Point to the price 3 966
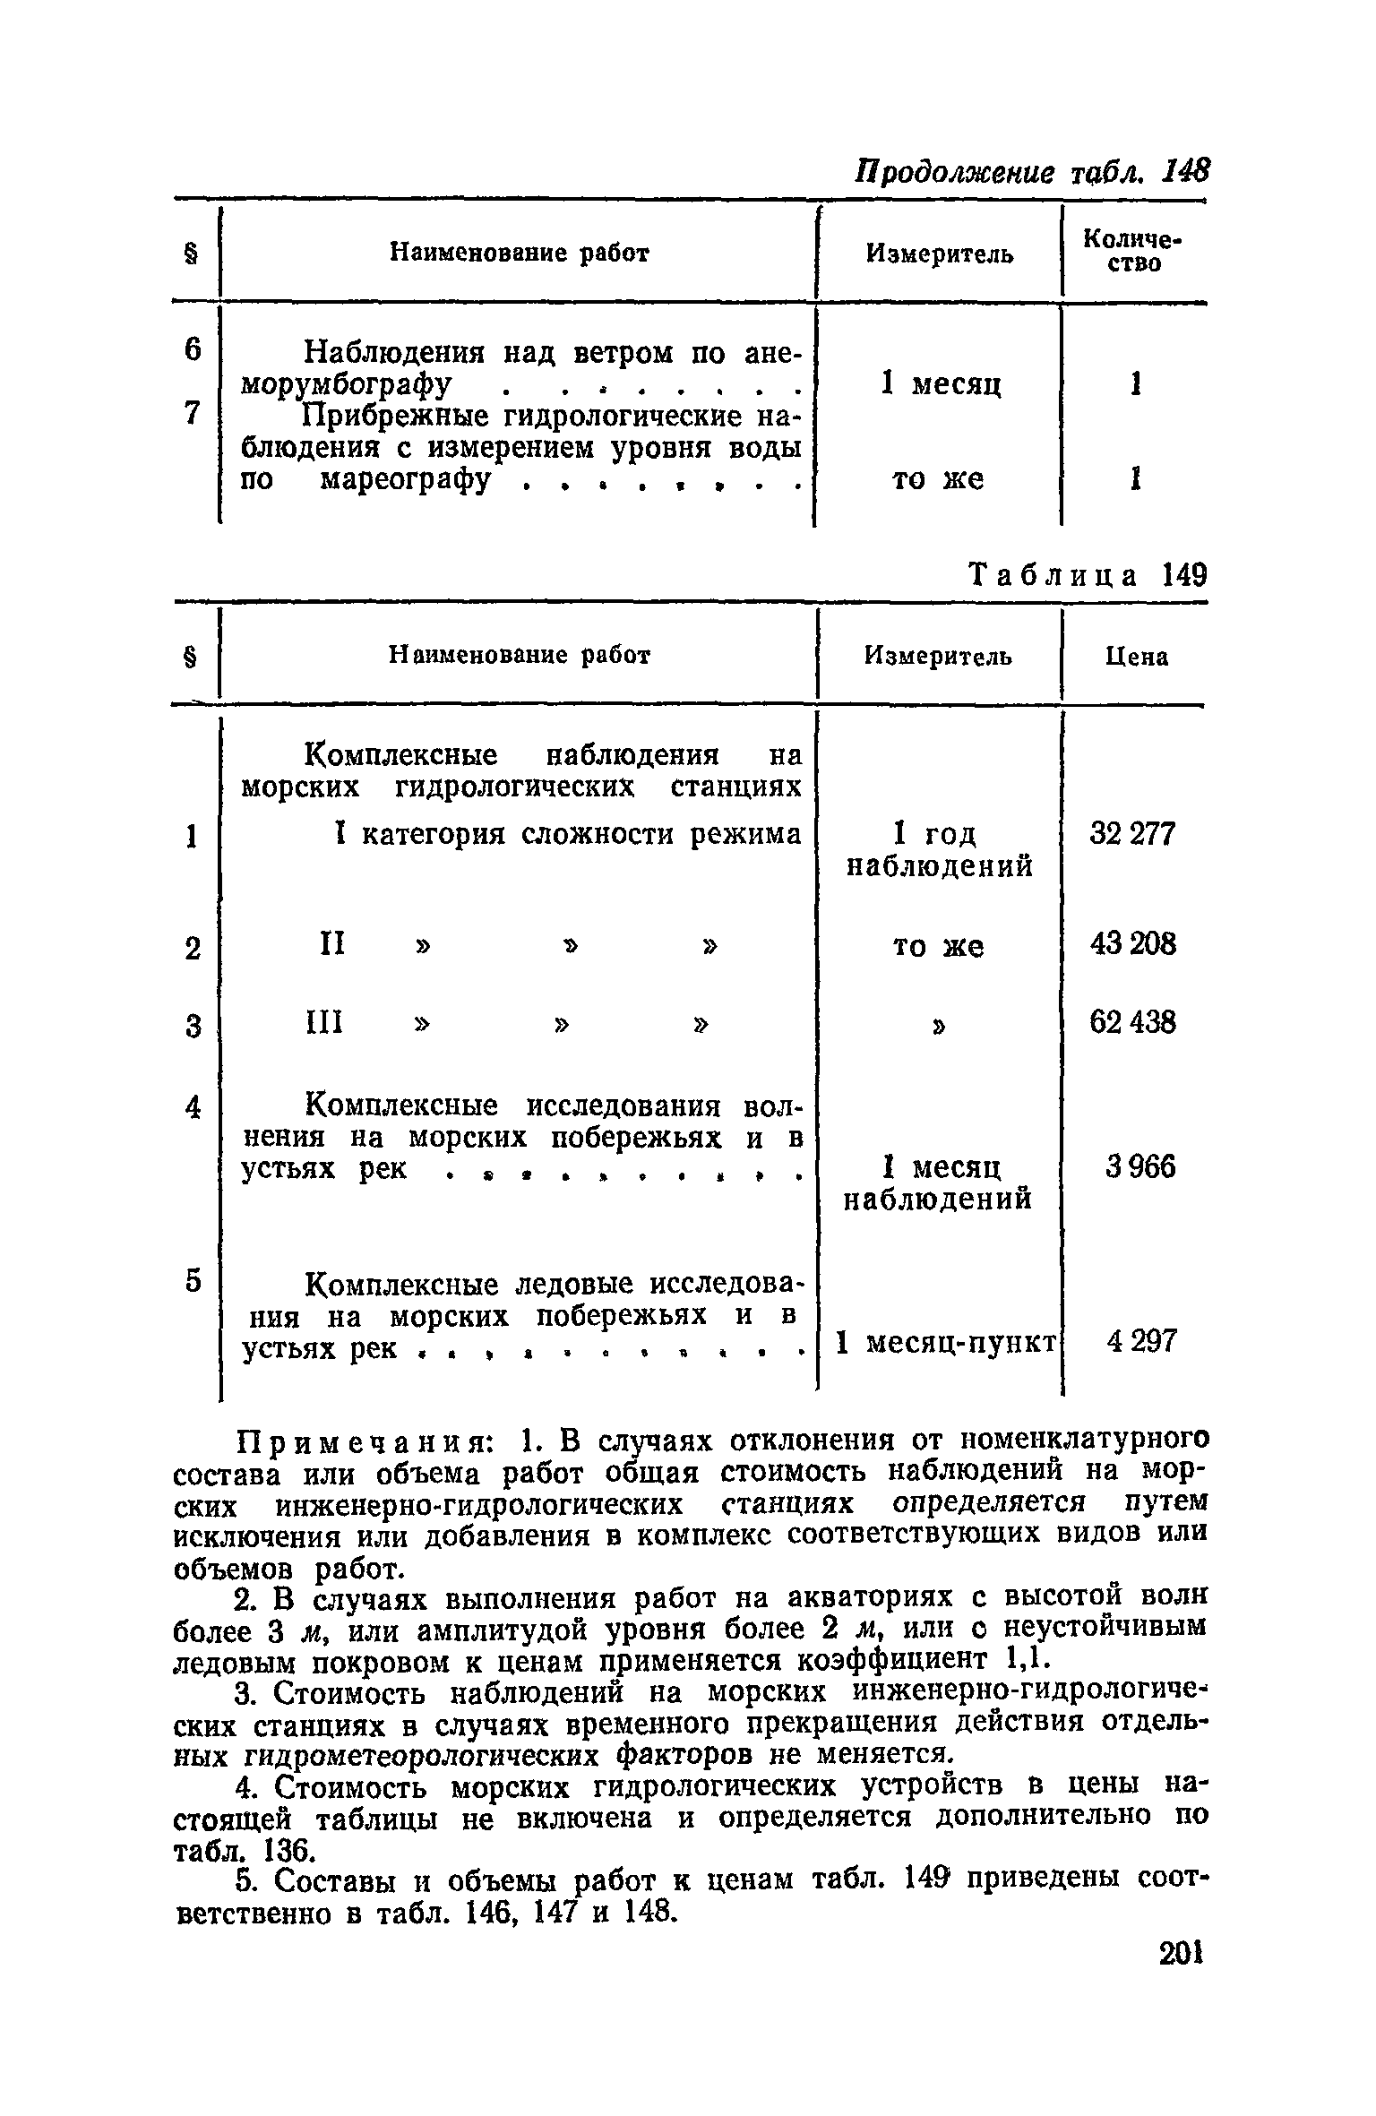point(1139,1167)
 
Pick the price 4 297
point(1139,1341)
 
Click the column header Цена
point(1136,658)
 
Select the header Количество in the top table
point(1132,251)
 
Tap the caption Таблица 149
point(1088,574)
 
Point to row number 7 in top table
point(192,413)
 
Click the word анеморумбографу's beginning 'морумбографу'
point(343,384)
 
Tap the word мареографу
point(407,480)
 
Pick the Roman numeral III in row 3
point(326,1022)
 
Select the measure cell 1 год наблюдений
point(939,849)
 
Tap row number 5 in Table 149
point(192,1282)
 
